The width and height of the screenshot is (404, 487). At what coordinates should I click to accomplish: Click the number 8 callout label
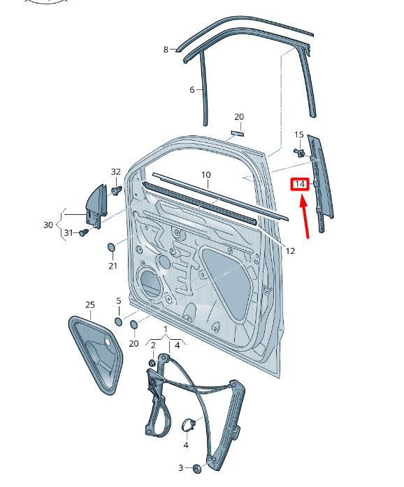[x=166, y=50]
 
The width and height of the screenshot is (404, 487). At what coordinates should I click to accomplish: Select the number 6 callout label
[x=192, y=90]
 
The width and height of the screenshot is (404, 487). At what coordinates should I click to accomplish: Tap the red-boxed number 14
[x=300, y=184]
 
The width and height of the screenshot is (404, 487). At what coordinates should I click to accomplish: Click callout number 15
[x=298, y=135]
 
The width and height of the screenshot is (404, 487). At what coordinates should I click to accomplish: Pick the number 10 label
[x=206, y=175]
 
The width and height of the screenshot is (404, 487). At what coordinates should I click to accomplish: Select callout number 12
[x=290, y=251]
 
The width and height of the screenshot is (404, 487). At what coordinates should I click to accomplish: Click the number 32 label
[x=116, y=172]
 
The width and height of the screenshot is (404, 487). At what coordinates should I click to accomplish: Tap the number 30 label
[x=48, y=225]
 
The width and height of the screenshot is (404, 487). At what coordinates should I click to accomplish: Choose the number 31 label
[x=68, y=232]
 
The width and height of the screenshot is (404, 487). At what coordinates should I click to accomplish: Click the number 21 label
[x=113, y=266]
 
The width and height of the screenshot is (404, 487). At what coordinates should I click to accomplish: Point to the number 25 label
[x=90, y=305]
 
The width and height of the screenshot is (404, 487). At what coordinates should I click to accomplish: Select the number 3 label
[x=181, y=467]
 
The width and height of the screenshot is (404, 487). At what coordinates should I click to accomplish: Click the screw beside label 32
[x=117, y=190]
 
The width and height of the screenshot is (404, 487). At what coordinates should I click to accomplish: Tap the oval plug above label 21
[x=111, y=248]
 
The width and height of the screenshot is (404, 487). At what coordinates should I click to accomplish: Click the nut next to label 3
[x=197, y=469]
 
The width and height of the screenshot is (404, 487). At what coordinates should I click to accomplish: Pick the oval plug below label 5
[x=119, y=322]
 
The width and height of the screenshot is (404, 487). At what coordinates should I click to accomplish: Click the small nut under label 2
[x=152, y=363]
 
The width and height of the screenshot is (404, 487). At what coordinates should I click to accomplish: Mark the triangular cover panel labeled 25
[x=96, y=354]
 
